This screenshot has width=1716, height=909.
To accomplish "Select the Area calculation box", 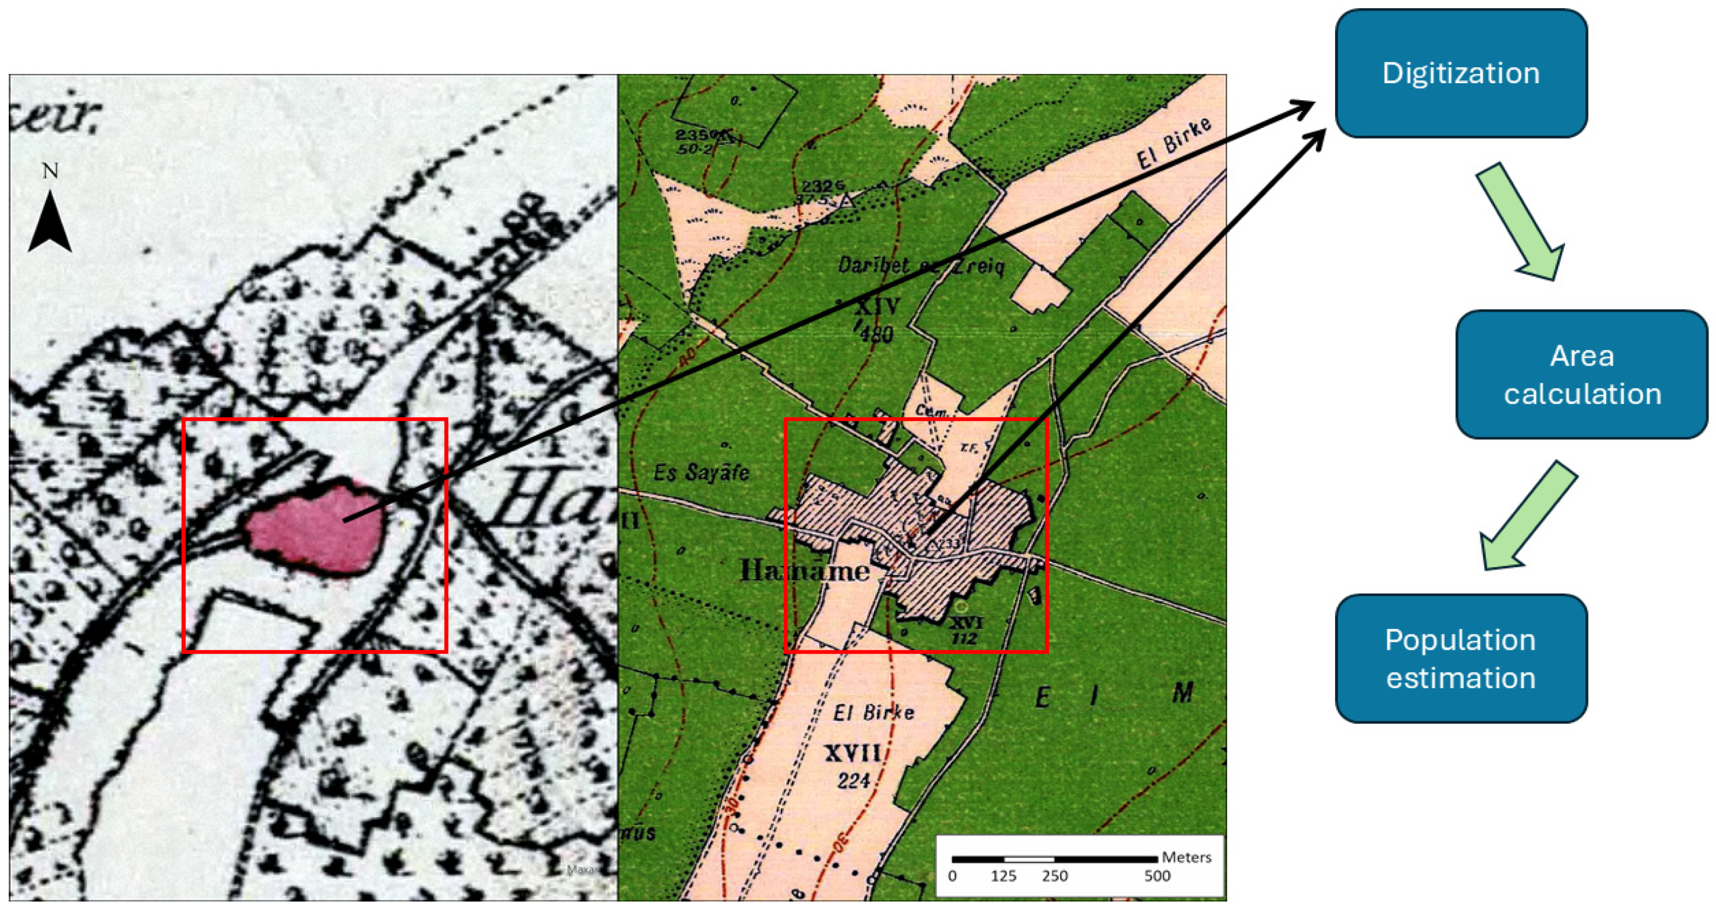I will (1581, 374).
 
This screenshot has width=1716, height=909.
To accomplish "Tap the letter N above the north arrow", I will (50, 171).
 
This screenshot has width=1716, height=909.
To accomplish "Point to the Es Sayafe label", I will (701, 473).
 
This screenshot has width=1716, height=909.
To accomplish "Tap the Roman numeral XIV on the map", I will (877, 307).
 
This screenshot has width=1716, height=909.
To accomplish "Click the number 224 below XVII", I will (854, 780).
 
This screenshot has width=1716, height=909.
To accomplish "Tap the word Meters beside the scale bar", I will (1186, 857).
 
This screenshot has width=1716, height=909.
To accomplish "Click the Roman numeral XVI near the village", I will (965, 622).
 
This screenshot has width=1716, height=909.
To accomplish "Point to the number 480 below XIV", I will (876, 333).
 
